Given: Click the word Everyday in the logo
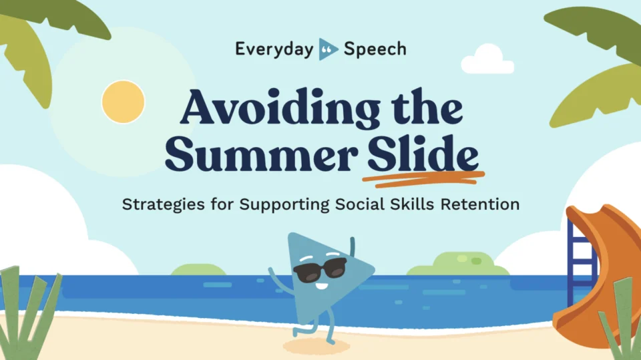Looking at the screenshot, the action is click(x=274, y=49).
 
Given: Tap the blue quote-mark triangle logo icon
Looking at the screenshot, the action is click(x=328, y=49).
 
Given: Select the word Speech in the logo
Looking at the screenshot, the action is click(x=375, y=49).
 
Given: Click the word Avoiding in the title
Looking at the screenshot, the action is click(x=280, y=107).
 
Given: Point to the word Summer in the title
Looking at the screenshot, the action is click(x=262, y=155).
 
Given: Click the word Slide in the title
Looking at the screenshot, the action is click(x=423, y=152).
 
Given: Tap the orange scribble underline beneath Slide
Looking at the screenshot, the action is click(x=423, y=178).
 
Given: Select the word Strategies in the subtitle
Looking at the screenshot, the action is click(x=164, y=204).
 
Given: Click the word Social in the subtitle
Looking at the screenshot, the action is click(x=360, y=204).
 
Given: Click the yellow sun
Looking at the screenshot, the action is click(x=123, y=102).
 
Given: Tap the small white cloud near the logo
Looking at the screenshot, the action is click(x=487, y=59).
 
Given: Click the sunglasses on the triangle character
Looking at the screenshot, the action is click(x=320, y=270).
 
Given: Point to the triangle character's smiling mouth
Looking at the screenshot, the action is click(x=322, y=286).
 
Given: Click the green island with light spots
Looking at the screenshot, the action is click(x=458, y=264).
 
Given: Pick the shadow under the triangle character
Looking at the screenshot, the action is click(x=316, y=347).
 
